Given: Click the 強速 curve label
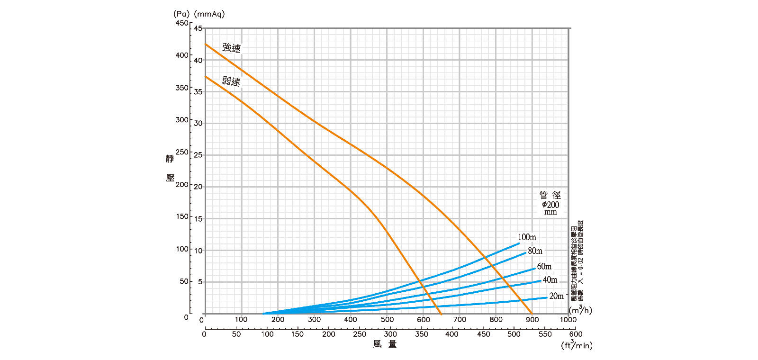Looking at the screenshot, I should (x=232, y=48).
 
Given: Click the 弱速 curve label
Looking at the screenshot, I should (x=231, y=81).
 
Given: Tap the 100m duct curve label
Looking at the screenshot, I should (x=527, y=237).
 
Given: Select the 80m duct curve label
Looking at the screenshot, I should (x=535, y=251).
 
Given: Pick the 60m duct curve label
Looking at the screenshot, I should (x=544, y=267).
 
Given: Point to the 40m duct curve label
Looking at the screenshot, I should (x=550, y=280).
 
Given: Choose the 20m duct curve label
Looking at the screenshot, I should (x=557, y=296).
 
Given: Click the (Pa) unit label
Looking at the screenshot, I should (x=181, y=14).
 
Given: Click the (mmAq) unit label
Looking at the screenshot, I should (x=209, y=14).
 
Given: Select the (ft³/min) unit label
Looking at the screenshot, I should (x=577, y=345).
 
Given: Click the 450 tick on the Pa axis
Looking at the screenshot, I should (x=182, y=23).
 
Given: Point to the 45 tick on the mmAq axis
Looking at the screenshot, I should (x=198, y=28).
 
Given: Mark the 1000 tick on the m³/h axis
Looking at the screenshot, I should (x=568, y=320).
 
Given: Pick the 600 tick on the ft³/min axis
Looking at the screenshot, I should (x=576, y=334).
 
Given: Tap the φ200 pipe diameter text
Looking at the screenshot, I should (x=550, y=205).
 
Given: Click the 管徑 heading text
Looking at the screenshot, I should (x=550, y=195).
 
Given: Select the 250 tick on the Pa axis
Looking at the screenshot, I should (x=182, y=152).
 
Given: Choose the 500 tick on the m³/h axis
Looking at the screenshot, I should (x=387, y=320).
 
